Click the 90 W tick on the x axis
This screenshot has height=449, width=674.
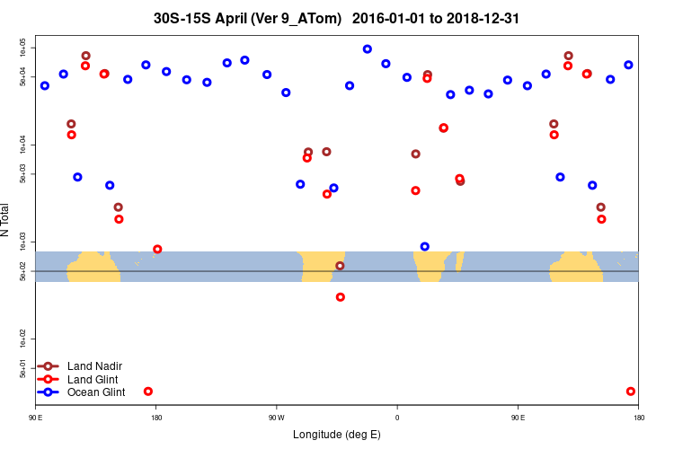pos(276,418)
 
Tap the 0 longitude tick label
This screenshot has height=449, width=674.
pos(397,418)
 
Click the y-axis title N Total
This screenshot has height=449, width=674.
pos(6,221)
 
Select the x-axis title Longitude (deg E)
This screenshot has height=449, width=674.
pos(337,435)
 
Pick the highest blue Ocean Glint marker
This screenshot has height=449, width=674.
pos(368,49)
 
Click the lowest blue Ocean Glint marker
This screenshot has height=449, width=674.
pos(425,246)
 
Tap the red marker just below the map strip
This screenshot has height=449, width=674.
pos(340,297)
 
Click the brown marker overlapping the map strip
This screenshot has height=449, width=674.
pos(340,266)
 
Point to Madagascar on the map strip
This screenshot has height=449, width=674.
pos(459,261)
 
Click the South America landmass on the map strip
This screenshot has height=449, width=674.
pos(323,266)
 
